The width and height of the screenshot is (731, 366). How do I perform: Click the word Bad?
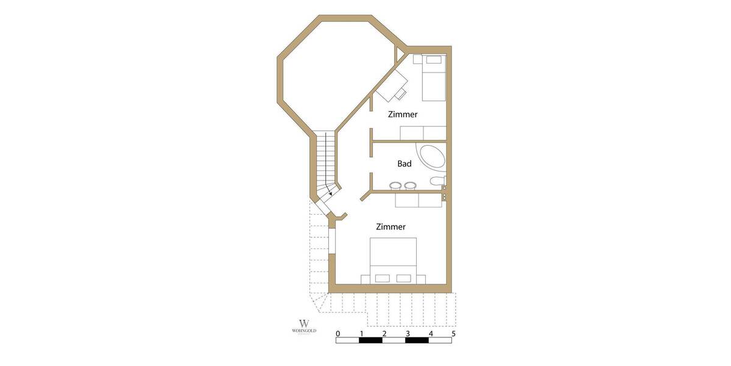[404, 163]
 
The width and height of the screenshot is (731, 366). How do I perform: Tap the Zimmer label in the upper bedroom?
[403, 114]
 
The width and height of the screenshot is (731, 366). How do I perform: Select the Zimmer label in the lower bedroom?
[390, 227]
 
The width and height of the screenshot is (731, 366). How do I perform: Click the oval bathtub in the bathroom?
[431, 157]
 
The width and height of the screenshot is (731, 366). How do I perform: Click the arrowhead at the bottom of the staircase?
[330, 193]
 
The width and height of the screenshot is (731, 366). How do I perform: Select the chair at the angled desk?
[401, 94]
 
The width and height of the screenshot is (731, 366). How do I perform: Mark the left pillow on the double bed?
[383, 278]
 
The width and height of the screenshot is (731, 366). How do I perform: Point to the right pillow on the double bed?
[404, 278]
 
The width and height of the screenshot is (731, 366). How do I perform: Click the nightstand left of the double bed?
[365, 279]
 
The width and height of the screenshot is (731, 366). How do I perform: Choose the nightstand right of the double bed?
[421, 279]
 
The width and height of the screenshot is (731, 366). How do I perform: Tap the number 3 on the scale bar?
[408, 334]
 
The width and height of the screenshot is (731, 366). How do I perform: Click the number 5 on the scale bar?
[453, 334]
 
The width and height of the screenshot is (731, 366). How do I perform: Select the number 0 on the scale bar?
[338, 334]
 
